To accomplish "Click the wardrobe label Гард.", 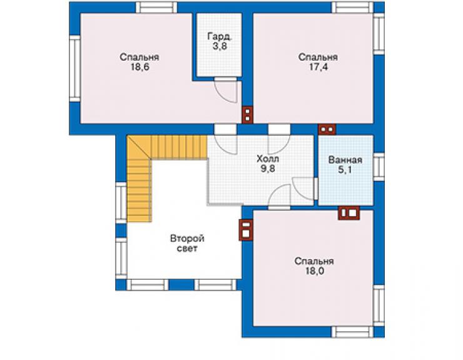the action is pos(220,37).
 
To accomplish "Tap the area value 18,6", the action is pos(140,67).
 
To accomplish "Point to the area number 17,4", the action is pos(318,67).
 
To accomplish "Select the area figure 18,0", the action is pos(315,271).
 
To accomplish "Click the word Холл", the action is pos(268,159).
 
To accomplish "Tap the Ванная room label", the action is pos(345,160).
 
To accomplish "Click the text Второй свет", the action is pos(187,244).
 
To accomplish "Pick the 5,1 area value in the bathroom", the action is pos(345,170).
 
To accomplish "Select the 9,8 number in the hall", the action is pos(268,169).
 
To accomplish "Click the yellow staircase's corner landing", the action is pos(140,148).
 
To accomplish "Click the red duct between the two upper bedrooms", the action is pos(247,115).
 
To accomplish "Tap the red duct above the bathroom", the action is pos(327,129).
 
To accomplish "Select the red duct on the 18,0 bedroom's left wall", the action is pos(246,230).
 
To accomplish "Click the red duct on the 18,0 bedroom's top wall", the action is pos(349,213).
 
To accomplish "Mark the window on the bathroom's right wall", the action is pos(379,167).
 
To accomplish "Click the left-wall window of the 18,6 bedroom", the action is pos(75,69).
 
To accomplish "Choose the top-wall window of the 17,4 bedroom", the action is pos(352,8).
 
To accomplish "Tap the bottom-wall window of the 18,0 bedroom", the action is pos(352,332).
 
